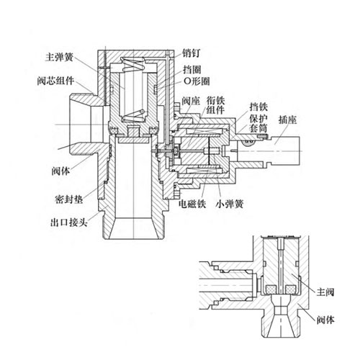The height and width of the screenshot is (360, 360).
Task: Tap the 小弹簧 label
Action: [x=228, y=204]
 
